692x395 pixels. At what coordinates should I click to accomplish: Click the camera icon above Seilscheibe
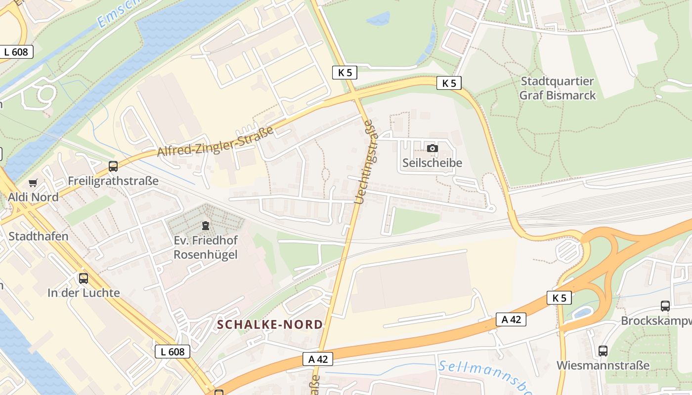point(432,148)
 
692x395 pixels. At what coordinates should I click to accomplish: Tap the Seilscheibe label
point(432,162)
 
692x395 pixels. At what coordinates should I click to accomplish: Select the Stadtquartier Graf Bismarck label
point(558,88)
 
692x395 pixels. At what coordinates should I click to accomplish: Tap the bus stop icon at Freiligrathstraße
point(113,166)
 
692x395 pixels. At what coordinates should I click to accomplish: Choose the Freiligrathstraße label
point(113,181)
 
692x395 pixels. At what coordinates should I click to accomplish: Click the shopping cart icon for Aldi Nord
point(33,183)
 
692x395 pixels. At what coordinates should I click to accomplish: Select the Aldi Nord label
point(33,197)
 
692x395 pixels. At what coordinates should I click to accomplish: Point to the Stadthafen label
point(39,236)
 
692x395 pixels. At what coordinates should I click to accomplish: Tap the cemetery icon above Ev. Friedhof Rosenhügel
point(205,226)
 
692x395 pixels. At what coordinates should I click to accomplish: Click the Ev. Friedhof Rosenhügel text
point(206,247)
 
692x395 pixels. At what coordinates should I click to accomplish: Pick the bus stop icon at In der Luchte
point(84,278)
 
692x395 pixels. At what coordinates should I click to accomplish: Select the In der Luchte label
point(84,293)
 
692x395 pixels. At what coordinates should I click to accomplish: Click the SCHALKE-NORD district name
point(270,324)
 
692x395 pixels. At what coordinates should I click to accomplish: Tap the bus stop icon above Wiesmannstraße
point(603,351)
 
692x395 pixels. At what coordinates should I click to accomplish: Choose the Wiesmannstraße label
point(603,365)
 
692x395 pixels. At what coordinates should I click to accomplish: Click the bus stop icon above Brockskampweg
point(665,306)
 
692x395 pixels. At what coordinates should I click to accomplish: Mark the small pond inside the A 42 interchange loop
point(582,313)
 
